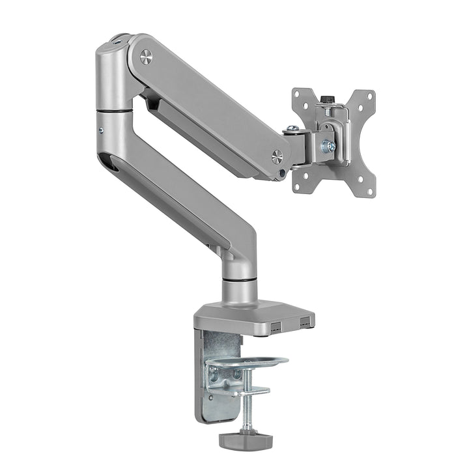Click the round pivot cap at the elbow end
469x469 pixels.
[146, 57]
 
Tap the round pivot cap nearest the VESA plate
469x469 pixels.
[277, 156]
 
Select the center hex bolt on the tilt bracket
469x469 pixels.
[331, 147]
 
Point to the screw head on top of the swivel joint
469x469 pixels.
[294, 128]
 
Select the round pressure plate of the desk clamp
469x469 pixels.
[250, 360]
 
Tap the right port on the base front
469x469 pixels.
[304, 320]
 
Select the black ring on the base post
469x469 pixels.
[238, 281]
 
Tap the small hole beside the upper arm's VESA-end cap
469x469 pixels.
[281, 173]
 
